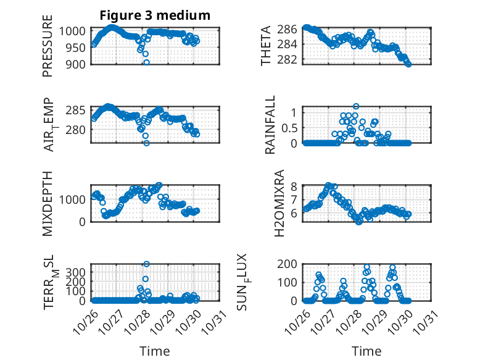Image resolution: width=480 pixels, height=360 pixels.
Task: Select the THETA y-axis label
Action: tap(266, 45)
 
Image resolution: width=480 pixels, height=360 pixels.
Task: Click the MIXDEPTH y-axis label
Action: tap(48, 203)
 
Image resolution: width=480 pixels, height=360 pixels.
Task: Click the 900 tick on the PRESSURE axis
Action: tap(79, 64)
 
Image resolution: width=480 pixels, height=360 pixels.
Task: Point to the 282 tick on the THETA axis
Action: tap(290, 59)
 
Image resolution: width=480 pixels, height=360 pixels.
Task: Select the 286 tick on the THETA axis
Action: tap(290, 28)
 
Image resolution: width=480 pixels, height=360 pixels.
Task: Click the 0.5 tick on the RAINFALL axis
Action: tap(290, 128)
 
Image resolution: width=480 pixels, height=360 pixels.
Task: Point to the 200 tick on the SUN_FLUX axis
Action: tap(290, 264)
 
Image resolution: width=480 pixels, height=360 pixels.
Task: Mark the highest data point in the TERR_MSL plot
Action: tap(146, 264)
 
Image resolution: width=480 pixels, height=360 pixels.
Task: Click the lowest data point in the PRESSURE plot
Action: tap(146, 62)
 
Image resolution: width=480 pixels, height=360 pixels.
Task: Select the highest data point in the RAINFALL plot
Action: tap(356, 106)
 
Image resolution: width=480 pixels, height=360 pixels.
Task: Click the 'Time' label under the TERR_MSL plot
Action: tap(155, 351)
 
